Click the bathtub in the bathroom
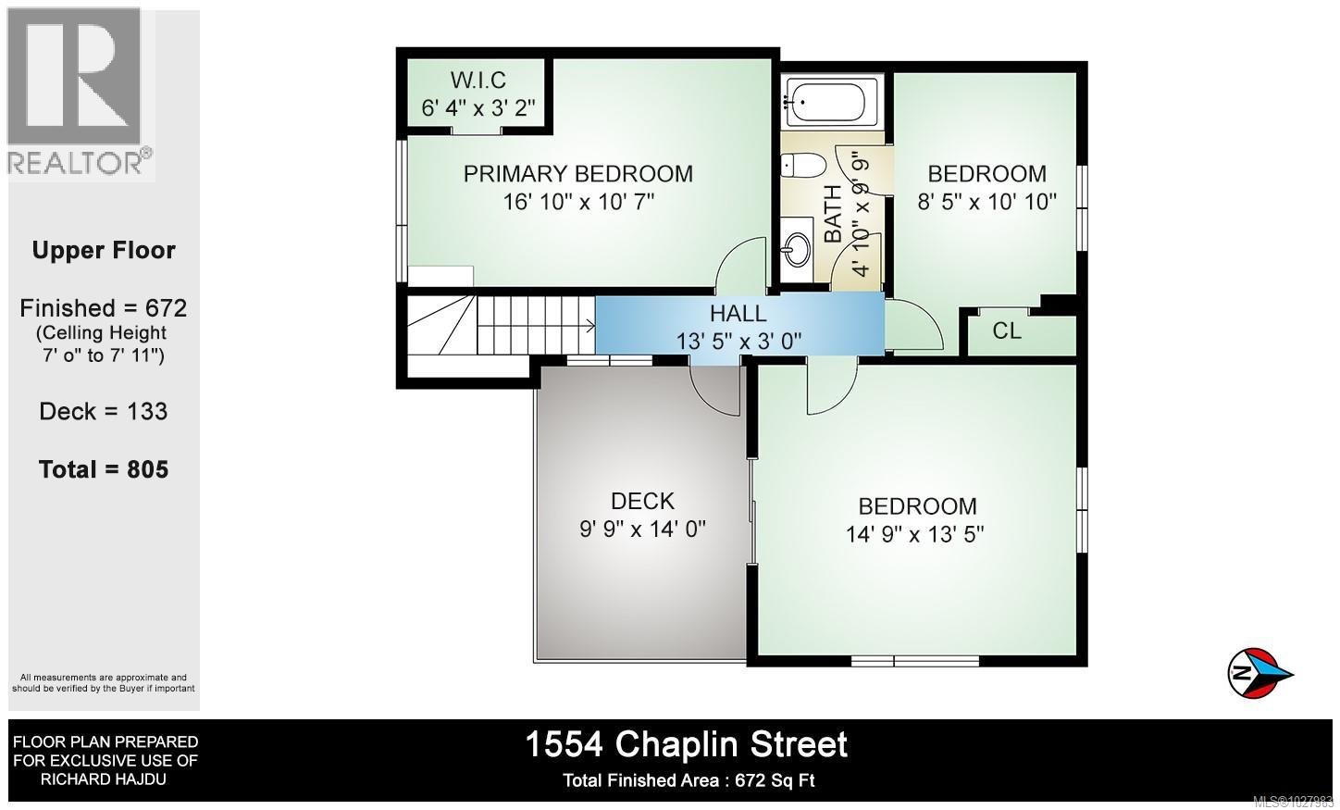[x=825, y=102]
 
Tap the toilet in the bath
[x=800, y=166]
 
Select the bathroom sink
[x=796, y=248]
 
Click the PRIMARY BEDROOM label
[x=577, y=174]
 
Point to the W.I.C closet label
[x=478, y=81]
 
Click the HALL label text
[x=738, y=314]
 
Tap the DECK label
[x=642, y=501]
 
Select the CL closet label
[x=1007, y=330]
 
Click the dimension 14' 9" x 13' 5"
[x=914, y=534]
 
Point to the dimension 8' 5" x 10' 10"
[x=986, y=201]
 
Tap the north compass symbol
[x=1259, y=673]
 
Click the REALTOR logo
[x=80, y=93]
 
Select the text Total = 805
[x=104, y=469]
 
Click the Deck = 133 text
[x=104, y=411]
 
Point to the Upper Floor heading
[x=104, y=251]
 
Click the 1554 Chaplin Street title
[x=686, y=744]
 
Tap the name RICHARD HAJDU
[x=104, y=779]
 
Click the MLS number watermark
[x=1292, y=802]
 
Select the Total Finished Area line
[x=689, y=780]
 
